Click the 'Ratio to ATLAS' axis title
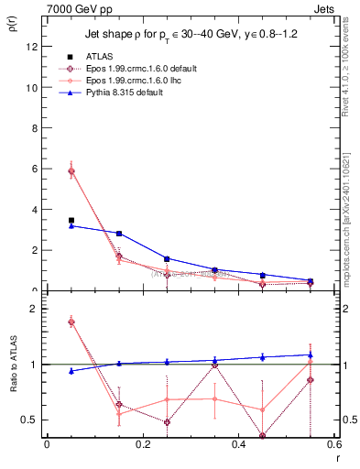tap(13, 367)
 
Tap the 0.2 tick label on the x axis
tap(142, 444)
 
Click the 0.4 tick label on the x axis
tap(238, 444)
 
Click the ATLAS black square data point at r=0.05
tap(71, 220)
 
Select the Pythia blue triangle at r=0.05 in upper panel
tap(71, 225)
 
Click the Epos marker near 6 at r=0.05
tap(71, 171)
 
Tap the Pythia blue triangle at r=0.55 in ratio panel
tap(311, 354)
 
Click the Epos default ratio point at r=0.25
tap(167, 422)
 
